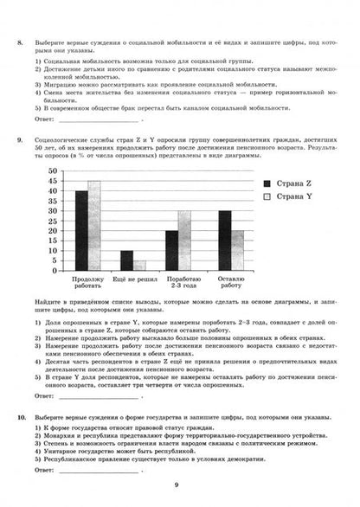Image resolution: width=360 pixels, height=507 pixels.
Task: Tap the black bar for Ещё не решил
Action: point(127,260)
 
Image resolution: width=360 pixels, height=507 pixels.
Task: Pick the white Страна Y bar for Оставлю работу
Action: point(237,251)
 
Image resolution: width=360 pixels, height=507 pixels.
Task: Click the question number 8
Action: point(20,41)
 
